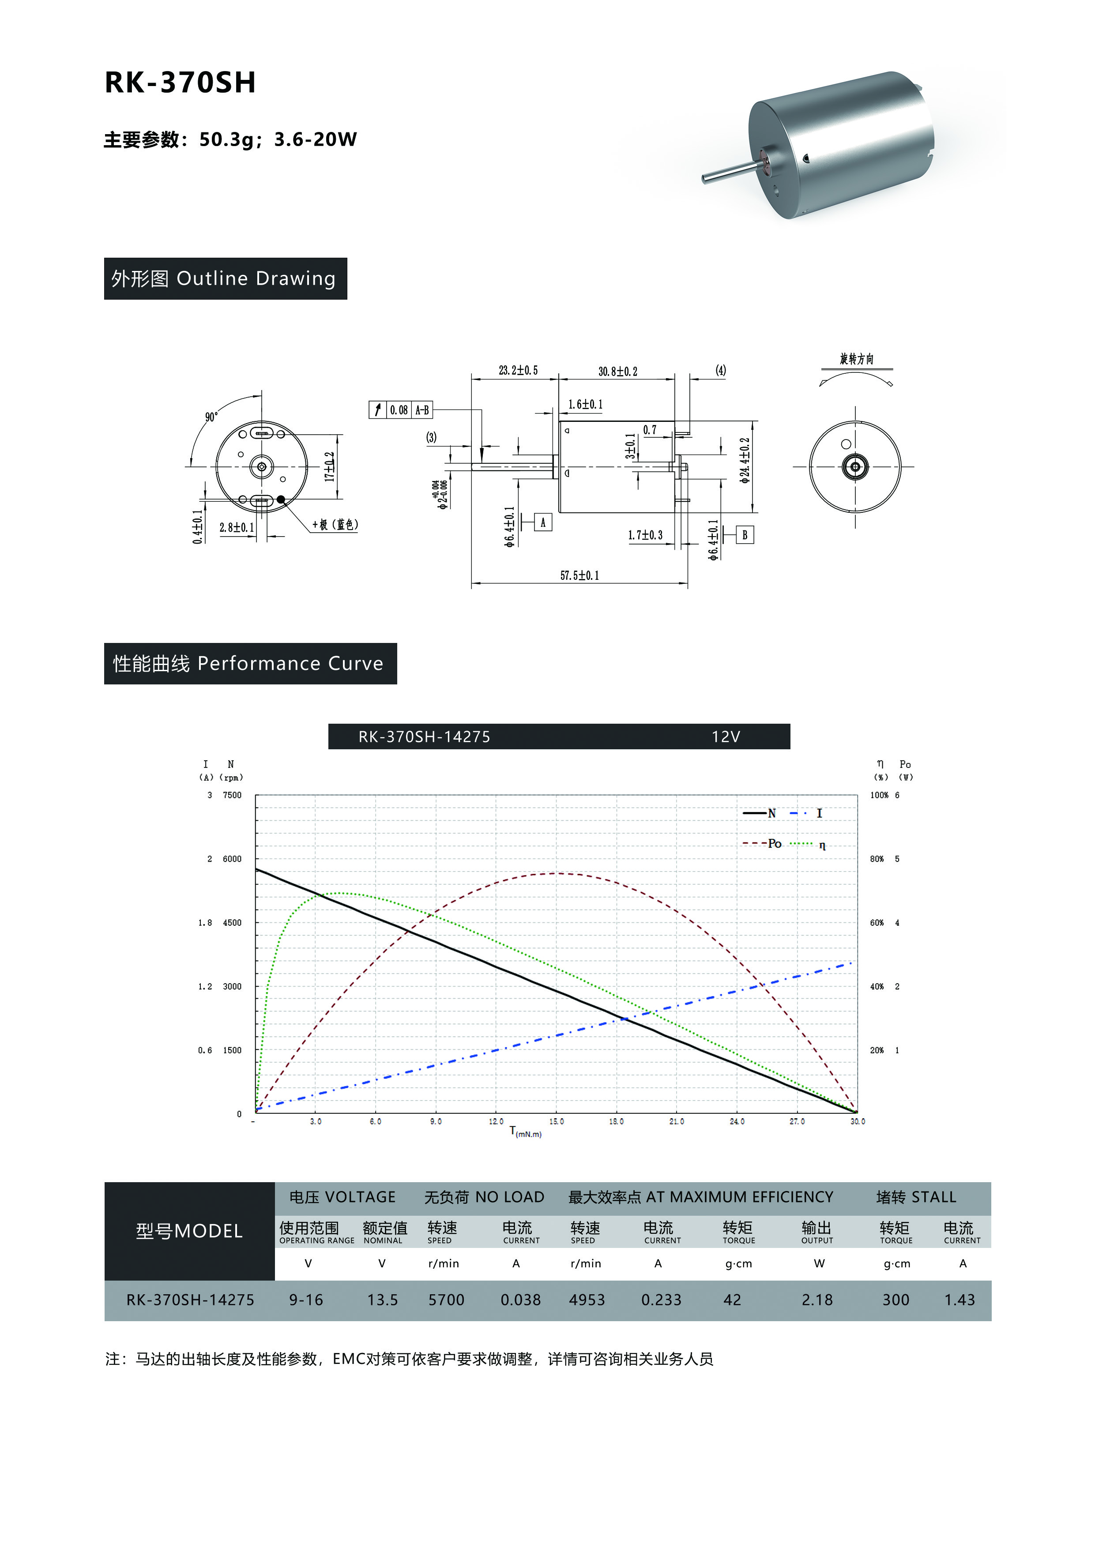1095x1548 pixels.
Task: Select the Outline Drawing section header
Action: pyautogui.click(x=225, y=278)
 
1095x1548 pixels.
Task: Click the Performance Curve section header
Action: pyautogui.click(x=250, y=663)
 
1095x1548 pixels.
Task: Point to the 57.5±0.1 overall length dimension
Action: pyautogui.click(x=579, y=575)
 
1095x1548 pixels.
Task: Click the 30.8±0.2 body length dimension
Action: pyautogui.click(x=617, y=371)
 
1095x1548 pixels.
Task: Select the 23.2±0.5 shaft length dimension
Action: pyautogui.click(x=518, y=370)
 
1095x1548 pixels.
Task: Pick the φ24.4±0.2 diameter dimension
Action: pyautogui.click(x=745, y=461)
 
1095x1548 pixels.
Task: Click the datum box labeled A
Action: pyautogui.click(x=543, y=522)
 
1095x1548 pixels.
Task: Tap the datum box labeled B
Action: pyautogui.click(x=745, y=535)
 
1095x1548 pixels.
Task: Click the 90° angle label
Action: pyautogui.click(x=211, y=417)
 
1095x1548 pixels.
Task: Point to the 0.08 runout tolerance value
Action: pyautogui.click(x=399, y=410)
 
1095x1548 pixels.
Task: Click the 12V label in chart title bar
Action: pyautogui.click(x=726, y=737)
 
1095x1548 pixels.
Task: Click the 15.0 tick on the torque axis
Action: pyautogui.click(x=556, y=1121)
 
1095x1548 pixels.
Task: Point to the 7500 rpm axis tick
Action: pyautogui.click(x=232, y=795)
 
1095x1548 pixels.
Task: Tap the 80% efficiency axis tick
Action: pyautogui.click(x=877, y=859)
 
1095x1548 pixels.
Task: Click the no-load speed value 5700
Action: pyautogui.click(x=446, y=1300)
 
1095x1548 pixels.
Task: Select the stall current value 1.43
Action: pyautogui.click(x=960, y=1300)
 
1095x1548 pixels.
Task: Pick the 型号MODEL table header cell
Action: pyautogui.click(x=189, y=1231)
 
